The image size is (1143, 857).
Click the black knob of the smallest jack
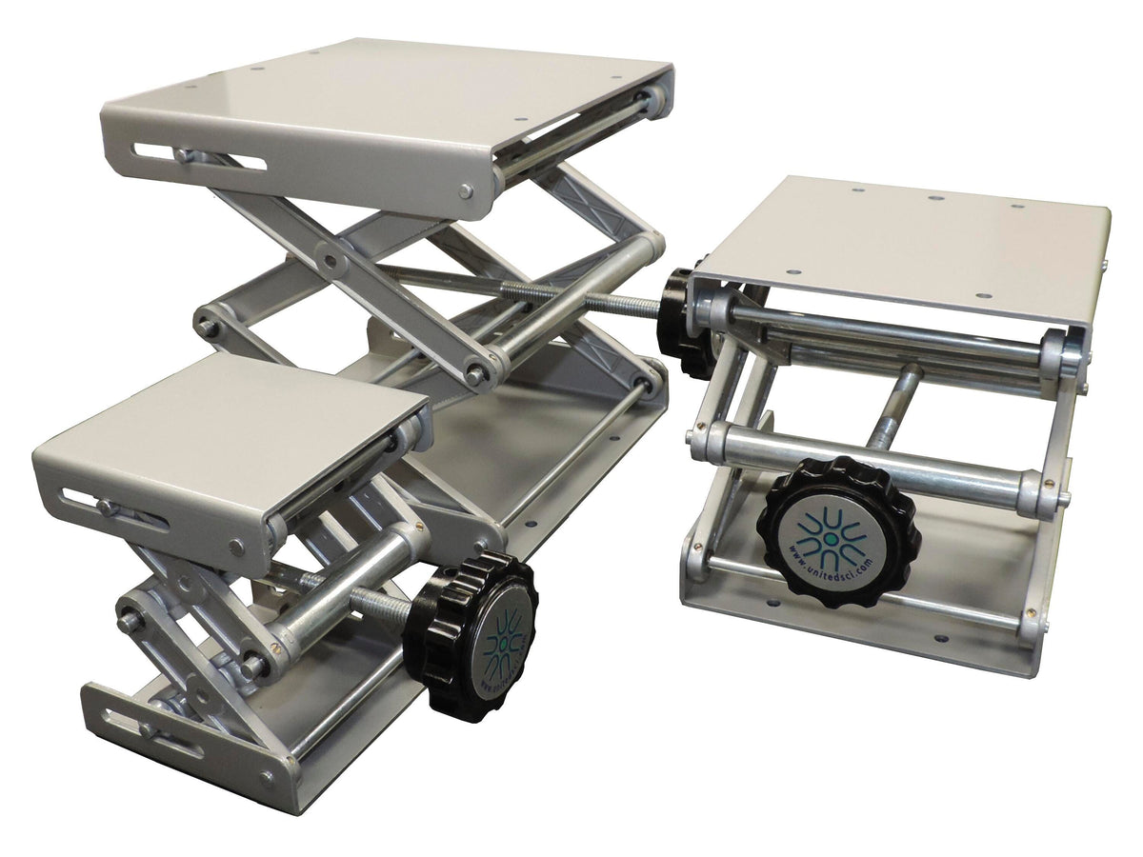pos(471,633)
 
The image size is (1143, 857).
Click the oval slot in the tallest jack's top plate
pos(199,155)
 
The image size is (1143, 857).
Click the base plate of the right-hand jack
pos(857,619)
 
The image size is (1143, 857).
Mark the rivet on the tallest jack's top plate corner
pos(465,190)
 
